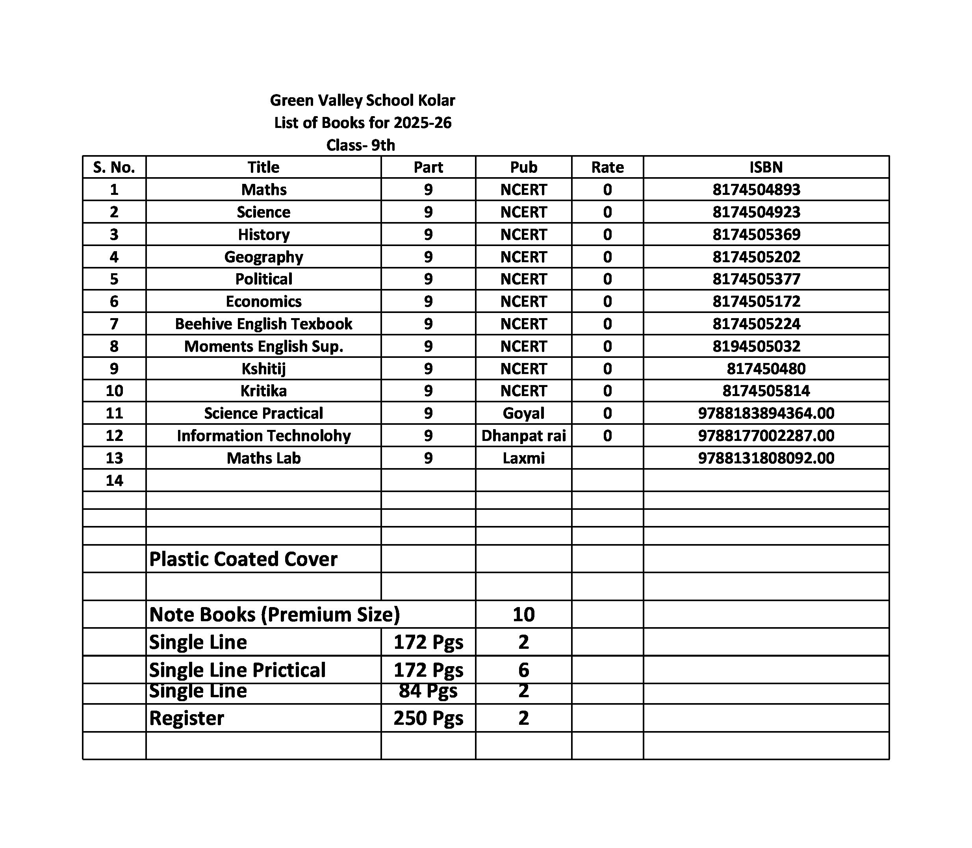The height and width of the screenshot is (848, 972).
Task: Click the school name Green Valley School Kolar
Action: click(x=362, y=100)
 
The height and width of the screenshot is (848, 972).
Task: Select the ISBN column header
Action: click(x=766, y=167)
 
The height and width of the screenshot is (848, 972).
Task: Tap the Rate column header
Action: click(x=607, y=167)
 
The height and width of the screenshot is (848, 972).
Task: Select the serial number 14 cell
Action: click(x=114, y=480)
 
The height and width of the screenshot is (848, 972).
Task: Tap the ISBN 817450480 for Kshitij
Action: click(x=766, y=368)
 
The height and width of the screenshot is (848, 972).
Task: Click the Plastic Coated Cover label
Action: click(x=243, y=559)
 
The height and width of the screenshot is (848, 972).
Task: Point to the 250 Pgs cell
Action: click(x=428, y=718)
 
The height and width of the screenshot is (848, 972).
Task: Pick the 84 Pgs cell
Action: click(x=428, y=691)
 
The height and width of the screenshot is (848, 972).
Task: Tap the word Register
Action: click(x=187, y=718)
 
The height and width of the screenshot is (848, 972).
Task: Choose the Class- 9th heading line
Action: click(x=360, y=145)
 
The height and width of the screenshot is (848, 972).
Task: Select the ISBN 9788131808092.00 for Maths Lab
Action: click(x=766, y=457)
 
